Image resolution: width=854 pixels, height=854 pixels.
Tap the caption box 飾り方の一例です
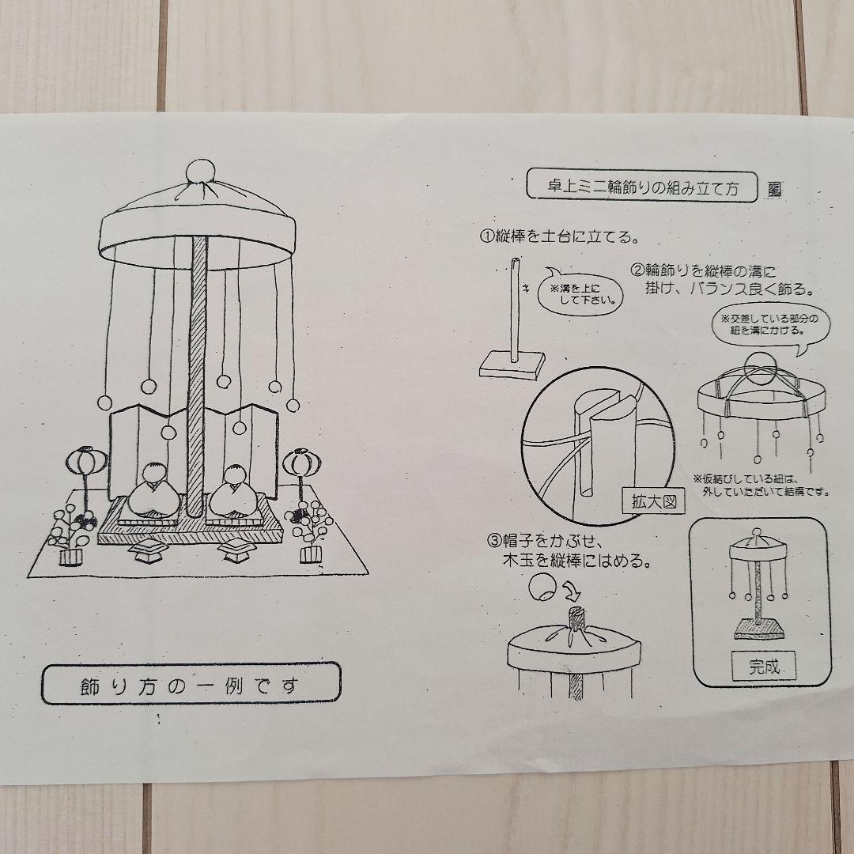click(x=191, y=682)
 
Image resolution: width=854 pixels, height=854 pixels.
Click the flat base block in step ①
click(x=513, y=365)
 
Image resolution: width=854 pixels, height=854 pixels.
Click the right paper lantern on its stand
click(x=300, y=463)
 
